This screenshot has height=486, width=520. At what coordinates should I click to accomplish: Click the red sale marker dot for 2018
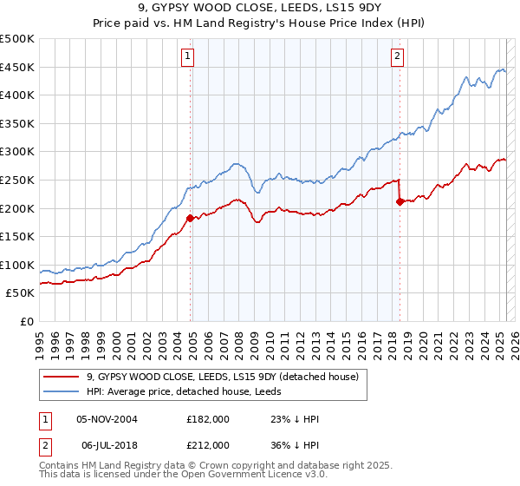[400, 201]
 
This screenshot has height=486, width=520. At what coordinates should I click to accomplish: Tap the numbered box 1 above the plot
[188, 57]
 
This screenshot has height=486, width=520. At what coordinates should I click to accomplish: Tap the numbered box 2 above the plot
[397, 57]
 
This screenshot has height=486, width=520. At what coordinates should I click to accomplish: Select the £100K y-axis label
[17, 265]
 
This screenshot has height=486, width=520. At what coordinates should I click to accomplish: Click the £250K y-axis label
[17, 180]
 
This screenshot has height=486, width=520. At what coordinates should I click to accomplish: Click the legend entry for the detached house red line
[228, 376]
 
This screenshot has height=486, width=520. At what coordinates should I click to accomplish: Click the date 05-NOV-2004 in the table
[107, 418]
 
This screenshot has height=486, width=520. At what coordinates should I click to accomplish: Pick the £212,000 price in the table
[208, 444]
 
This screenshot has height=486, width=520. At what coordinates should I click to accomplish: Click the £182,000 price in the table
[208, 418]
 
